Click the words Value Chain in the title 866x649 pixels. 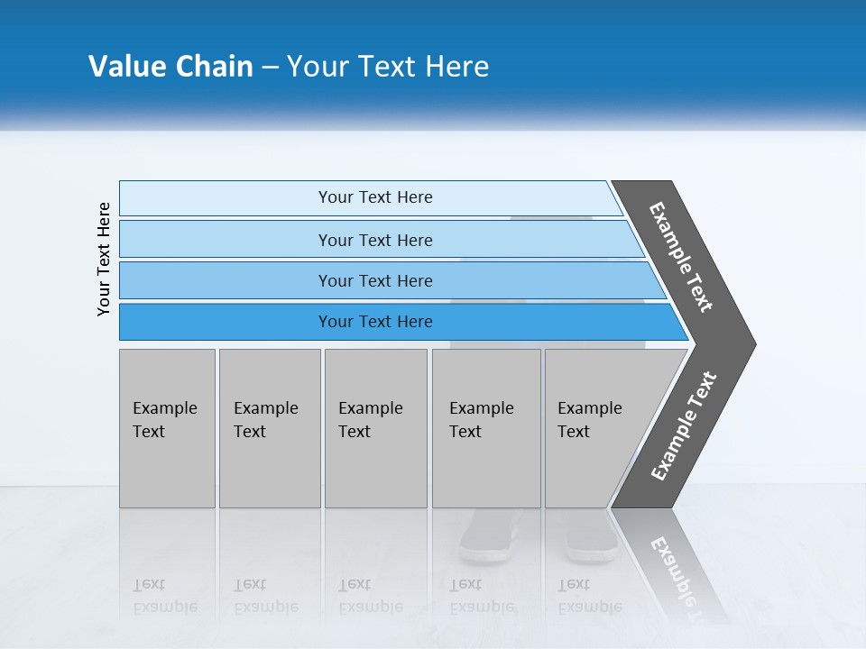[170, 67]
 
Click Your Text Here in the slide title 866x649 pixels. [388, 67]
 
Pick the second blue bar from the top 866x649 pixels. [374, 240]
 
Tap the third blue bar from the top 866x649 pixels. [374, 280]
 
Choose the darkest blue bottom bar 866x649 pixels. [374, 322]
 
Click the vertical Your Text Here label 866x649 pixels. [104, 259]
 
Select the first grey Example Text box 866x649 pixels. [167, 428]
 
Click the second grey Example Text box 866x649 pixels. [269, 428]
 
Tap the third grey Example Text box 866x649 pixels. [374, 428]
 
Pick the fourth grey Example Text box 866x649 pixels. [485, 428]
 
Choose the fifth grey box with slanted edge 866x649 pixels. [595, 428]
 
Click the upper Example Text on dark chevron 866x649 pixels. [681, 257]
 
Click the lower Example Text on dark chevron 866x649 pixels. [683, 426]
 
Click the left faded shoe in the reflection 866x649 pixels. [488, 542]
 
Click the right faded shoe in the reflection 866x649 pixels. [591, 542]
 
